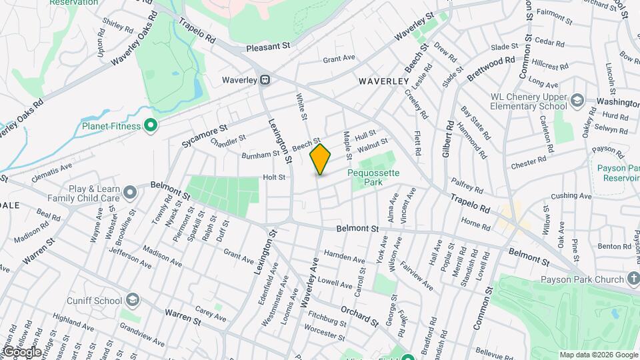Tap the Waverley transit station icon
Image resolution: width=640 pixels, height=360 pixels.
pos(265,80)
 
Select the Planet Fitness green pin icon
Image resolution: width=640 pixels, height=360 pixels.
pos(151,125)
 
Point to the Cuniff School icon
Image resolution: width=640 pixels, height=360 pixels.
pos(133,300)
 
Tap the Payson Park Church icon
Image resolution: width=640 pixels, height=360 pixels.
pos(633,280)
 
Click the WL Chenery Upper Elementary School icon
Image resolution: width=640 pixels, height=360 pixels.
pos(577,101)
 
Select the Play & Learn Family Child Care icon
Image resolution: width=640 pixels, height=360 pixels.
pos(130,193)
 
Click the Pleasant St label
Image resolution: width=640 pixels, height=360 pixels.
pos(269,47)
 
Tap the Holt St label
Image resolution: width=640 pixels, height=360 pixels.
pos(274,177)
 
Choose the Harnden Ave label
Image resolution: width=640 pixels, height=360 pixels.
pos(344,257)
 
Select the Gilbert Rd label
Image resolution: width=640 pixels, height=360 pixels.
pos(448,139)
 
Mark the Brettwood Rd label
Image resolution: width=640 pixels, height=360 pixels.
pos(491,69)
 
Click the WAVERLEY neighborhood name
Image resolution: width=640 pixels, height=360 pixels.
pos(383,81)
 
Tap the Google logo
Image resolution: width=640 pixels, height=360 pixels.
pos(21,351)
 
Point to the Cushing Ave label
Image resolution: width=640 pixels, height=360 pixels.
pos(571,196)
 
